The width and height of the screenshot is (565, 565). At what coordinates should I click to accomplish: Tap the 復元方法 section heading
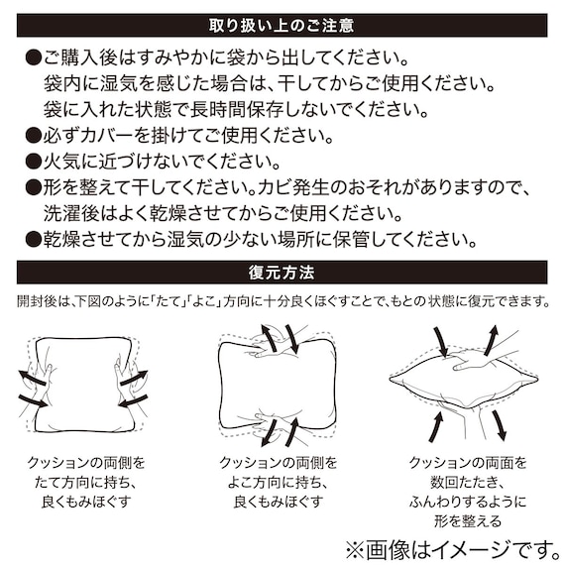pyautogui.click(x=282, y=271)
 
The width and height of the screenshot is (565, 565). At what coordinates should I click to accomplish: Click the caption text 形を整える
pyautogui.click(x=468, y=520)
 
